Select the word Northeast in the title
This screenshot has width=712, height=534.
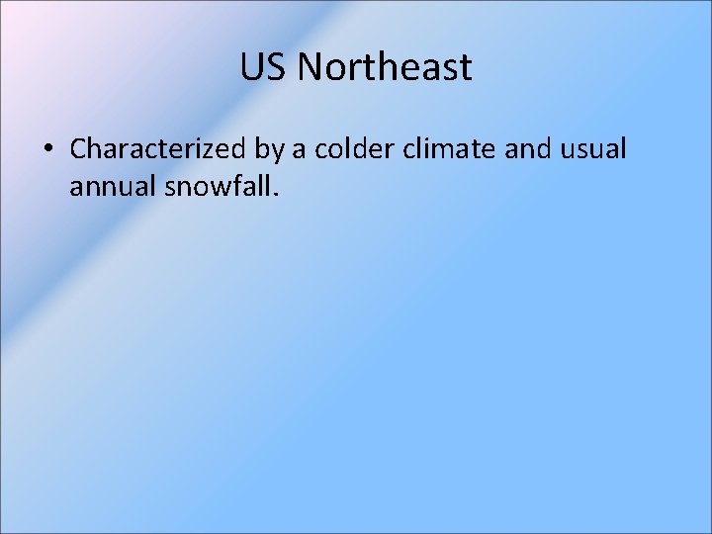click(385, 68)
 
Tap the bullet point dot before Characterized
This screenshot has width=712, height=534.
click(47, 150)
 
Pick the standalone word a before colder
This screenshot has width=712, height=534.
click(298, 149)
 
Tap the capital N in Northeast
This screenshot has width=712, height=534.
click(308, 68)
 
